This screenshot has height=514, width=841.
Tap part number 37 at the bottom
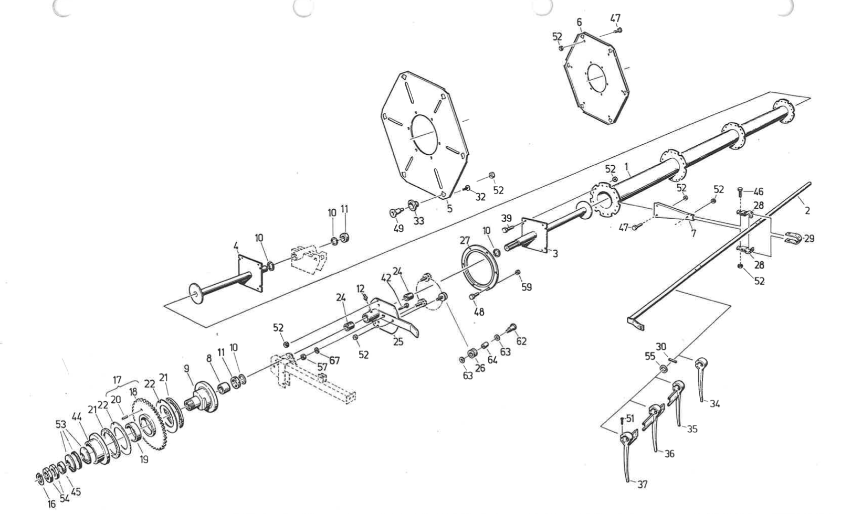[x=643, y=484]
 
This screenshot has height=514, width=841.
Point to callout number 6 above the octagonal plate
[x=580, y=23]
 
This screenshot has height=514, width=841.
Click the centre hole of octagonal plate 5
[x=425, y=134]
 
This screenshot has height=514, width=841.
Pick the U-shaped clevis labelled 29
[x=793, y=238]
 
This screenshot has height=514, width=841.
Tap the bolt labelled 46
[x=740, y=192]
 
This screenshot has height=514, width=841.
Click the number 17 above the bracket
[x=117, y=380]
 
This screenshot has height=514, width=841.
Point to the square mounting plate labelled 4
[x=251, y=273]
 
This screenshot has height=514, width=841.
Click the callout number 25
[x=398, y=342]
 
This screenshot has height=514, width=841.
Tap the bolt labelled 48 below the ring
[x=473, y=296]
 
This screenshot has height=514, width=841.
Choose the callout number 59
[x=527, y=287]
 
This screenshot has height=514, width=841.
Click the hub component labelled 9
[x=202, y=398]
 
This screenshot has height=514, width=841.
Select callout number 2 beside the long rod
[x=807, y=210]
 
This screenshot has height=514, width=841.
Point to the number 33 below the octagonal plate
[x=418, y=221]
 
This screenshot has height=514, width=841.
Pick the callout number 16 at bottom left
[x=51, y=504]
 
